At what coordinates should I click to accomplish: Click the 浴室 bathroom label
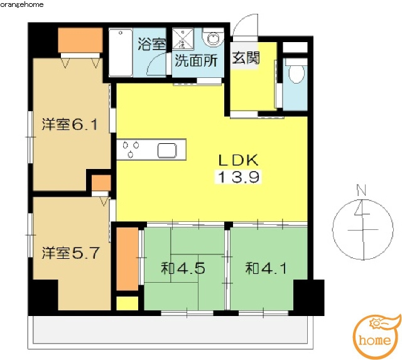click(152, 44)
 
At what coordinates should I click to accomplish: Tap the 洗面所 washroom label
click(196, 61)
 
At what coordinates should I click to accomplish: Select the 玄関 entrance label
click(246, 57)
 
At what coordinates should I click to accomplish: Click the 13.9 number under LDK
click(238, 177)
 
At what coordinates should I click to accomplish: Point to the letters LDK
click(238, 160)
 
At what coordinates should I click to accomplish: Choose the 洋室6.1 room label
click(70, 124)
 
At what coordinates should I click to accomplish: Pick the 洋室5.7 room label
click(70, 253)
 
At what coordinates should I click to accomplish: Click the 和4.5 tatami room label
click(183, 268)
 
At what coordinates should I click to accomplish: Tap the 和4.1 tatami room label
click(266, 268)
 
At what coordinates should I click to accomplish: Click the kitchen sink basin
click(167, 151)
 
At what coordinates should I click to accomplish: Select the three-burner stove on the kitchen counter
click(131, 149)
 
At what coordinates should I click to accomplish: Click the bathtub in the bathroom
click(121, 53)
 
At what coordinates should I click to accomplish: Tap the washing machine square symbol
click(183, 39)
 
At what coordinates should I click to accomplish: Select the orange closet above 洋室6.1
click(80, 40)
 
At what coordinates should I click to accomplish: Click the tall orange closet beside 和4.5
click(128, 259)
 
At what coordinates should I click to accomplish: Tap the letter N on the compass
click(361, 190)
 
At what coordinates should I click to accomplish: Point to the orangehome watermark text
click(22, 4)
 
